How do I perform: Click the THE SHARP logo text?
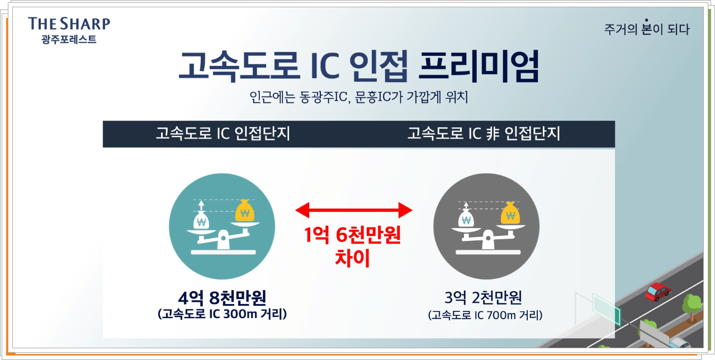[x=69, y=23]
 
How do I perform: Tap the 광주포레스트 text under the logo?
[x=69, y=40]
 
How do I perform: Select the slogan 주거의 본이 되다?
[x=647, y=29]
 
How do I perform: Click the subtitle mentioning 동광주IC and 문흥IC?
[x=358, y=97]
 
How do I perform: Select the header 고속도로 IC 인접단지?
[x=223, y=134]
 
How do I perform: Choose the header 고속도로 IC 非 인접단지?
[x=484, y=134]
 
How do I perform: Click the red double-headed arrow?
[x=353, y=210]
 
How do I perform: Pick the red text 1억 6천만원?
[x=353, y=236]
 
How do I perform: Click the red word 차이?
[x=353, y=259]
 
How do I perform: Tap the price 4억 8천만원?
[x=222, y=297]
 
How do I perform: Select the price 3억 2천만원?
[x=485, y=297]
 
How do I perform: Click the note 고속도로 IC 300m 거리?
[x=222, y=314]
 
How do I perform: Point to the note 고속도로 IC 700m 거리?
[x=485, y=315]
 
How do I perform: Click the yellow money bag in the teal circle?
[x=244, y=211]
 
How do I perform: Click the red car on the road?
[x=657, y=291]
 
